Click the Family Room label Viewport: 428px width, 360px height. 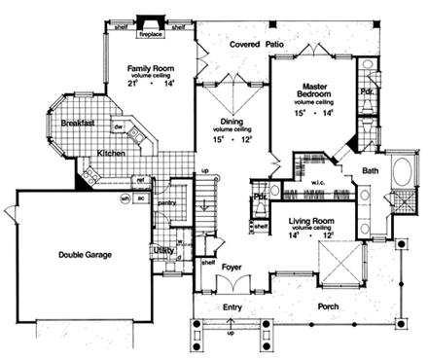pyautogui.click(x=149, y=68)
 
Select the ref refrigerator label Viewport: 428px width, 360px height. pyautogui.click(x=139, y=179)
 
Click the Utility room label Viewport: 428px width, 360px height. pyautogui.click(x=162, y=250)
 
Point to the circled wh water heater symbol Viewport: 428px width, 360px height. pyautogui.click(x=125, y=198)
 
